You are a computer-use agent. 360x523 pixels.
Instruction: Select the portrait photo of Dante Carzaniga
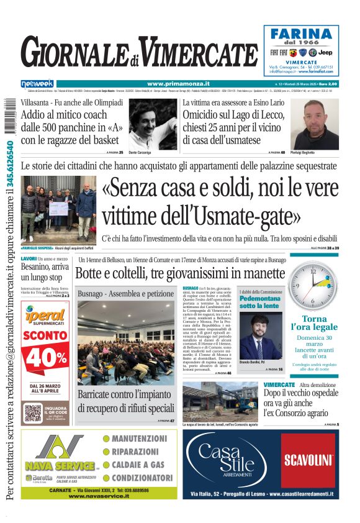(x=152, y=124)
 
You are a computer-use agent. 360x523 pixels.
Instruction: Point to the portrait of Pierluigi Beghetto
(x=323, y=124)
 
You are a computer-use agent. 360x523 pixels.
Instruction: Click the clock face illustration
(x=322, y=285)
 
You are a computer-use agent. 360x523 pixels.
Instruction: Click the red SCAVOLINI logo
(x=308, y=460)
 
